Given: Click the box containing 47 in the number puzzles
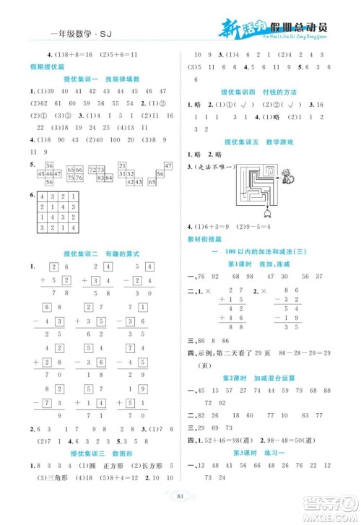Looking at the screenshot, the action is pos(168,166).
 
